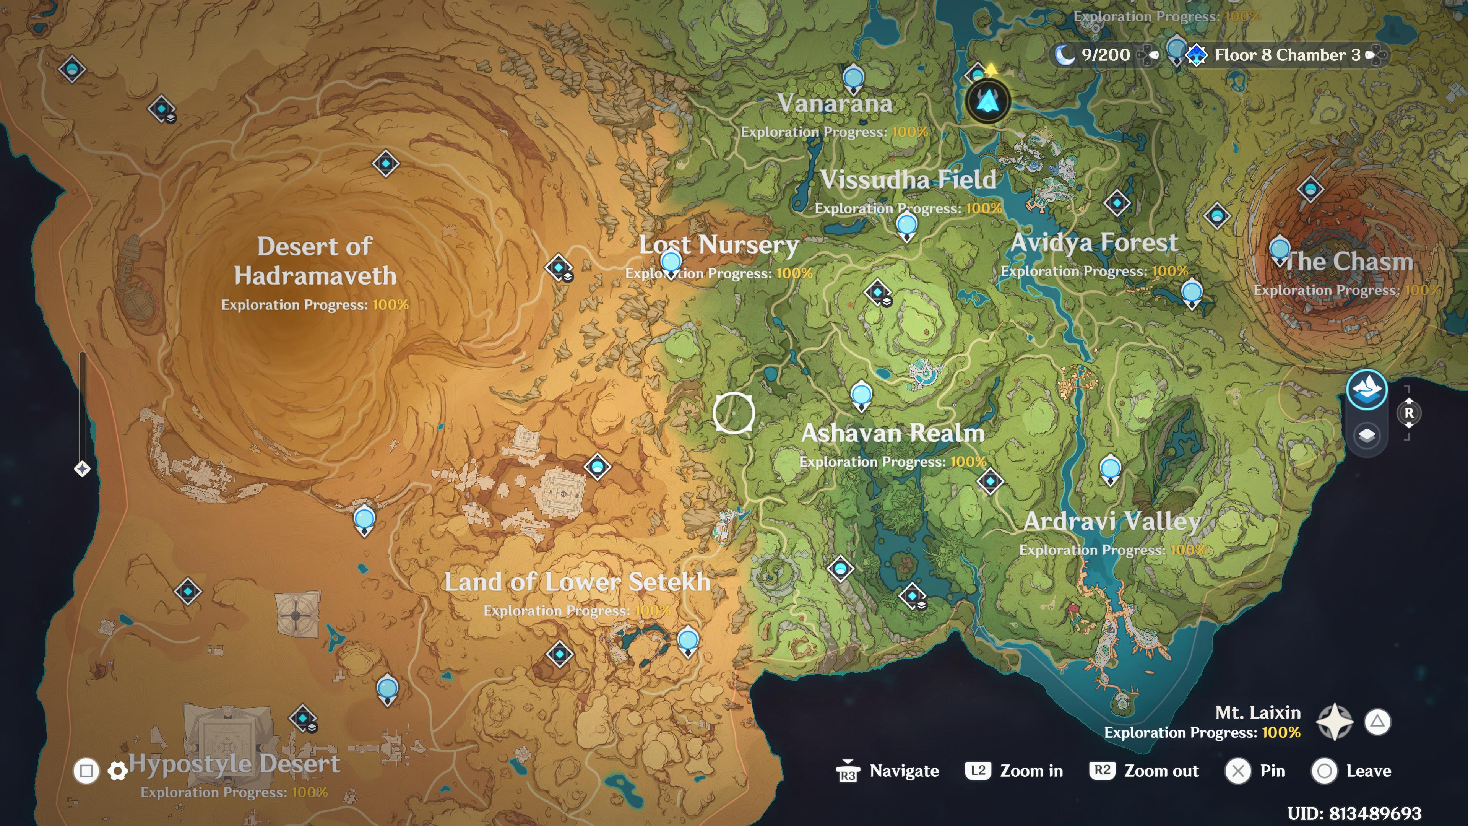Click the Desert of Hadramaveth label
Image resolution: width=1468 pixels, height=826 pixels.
[x=315, y=261]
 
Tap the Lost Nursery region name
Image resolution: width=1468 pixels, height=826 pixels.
[x=719, y=245]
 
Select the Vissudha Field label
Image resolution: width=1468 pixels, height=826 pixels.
[x=908, y=180]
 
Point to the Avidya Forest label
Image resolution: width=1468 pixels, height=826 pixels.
[x=1094, y=243]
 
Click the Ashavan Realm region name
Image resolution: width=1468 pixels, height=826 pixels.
[x=892, y=433]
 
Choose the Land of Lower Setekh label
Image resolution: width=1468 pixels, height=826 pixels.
[x=577, y=582]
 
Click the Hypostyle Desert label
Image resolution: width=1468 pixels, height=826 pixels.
[x=234, y=764]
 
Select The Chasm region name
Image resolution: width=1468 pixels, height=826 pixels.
[x=1349, y=262]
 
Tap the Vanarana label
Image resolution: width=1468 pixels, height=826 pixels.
[x=835, y=103]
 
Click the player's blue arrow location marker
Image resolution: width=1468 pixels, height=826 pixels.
[x=987, y=101]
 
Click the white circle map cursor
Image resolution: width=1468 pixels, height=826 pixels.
[x=734, y=413]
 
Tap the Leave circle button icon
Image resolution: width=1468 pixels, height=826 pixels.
[x=1324, y=771]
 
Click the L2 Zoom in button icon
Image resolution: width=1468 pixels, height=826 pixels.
[x=978, y=771]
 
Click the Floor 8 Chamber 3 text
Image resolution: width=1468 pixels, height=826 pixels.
[x=1287, y=55]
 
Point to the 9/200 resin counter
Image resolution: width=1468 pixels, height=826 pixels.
[x=1105, y=55]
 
